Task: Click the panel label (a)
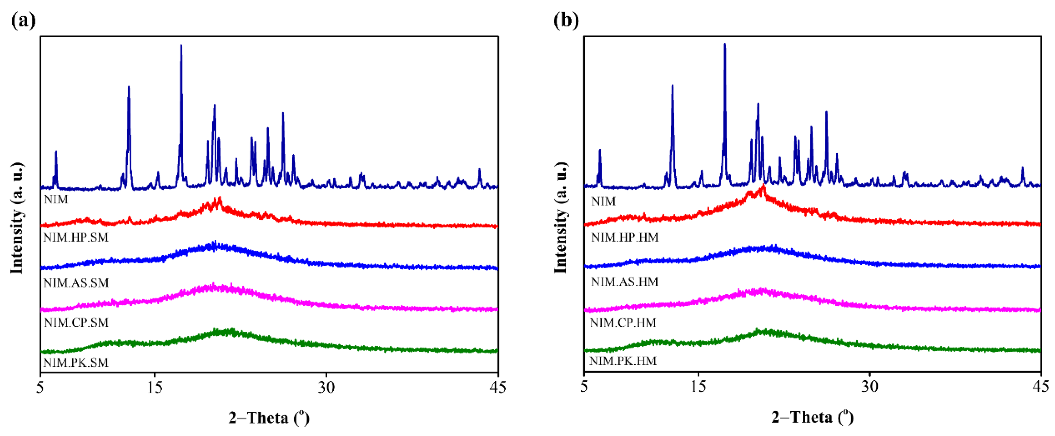[x=23, y=20]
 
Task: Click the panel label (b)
[x=566, y=20]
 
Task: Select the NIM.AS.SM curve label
[x=76, y=282]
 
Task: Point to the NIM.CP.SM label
[x=76, y=322]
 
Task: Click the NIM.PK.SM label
[x=76, y=362]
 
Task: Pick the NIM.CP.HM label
[x=623, y=323]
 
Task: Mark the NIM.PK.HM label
[x=623, y=361]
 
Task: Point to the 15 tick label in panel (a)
[x=154, y=387]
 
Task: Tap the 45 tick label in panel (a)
[x=498, y=387]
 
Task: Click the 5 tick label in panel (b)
[x=584, y=387]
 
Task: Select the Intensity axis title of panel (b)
[x=561, y=218]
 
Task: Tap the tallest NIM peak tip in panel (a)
[x=181, y=46]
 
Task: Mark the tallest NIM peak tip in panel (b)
[x=725, y=44]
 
